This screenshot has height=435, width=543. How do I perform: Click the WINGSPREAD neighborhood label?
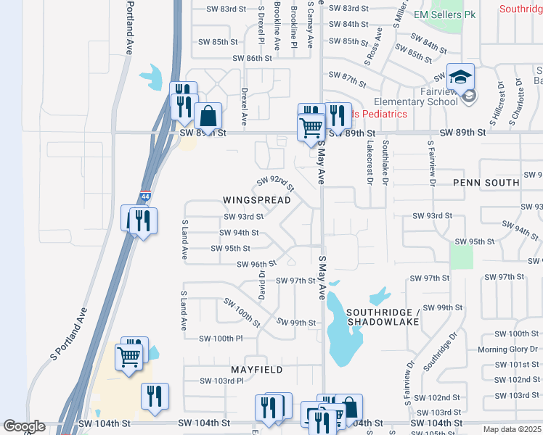tap(257, 200)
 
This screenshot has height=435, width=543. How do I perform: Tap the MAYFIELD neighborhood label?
tap(257, 370)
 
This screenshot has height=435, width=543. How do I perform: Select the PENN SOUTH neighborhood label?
tap(486, 183)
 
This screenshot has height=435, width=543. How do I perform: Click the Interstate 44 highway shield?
tap(145, 196)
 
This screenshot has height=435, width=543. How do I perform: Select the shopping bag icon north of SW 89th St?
tap(208, 116)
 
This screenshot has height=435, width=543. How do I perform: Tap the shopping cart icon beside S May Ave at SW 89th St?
tap(311, 128)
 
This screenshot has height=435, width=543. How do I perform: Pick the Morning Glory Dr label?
tap(508, 350)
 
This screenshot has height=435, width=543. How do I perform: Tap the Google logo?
tap(25, 427)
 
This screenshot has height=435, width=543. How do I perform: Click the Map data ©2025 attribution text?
tap(511, 429)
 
